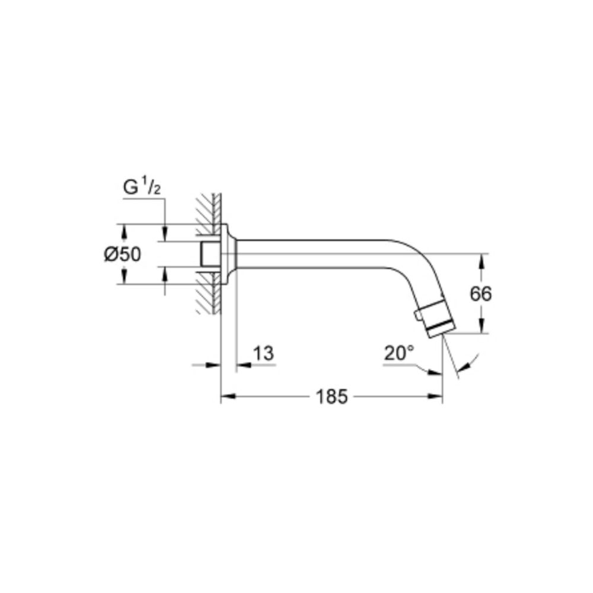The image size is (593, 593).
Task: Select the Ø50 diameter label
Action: click(122, 254)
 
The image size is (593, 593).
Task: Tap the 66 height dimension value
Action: click(480, 294)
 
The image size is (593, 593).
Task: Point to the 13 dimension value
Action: click(263, 353)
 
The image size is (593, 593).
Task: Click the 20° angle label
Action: click(398, 353)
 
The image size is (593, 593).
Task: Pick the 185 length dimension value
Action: click(331, 397)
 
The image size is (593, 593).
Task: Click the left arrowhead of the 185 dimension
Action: click(227, 397)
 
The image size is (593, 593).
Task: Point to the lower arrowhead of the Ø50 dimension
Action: click(125, 278)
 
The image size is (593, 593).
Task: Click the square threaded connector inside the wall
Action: click(209, 254)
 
